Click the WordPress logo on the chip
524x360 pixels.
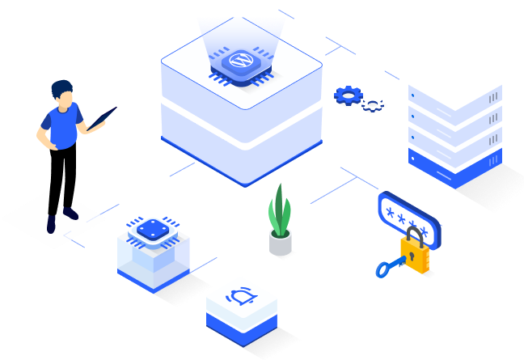[240, 61]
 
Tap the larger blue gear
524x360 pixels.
[349, 95]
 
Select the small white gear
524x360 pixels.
[373, 104]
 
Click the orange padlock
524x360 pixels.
[416, 256]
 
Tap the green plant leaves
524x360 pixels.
[279, 210]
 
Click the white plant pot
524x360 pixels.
[280, 243]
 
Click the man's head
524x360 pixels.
[62, 92]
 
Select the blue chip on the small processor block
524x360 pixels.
[150, 230]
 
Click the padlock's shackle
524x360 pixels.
[415, 237]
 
